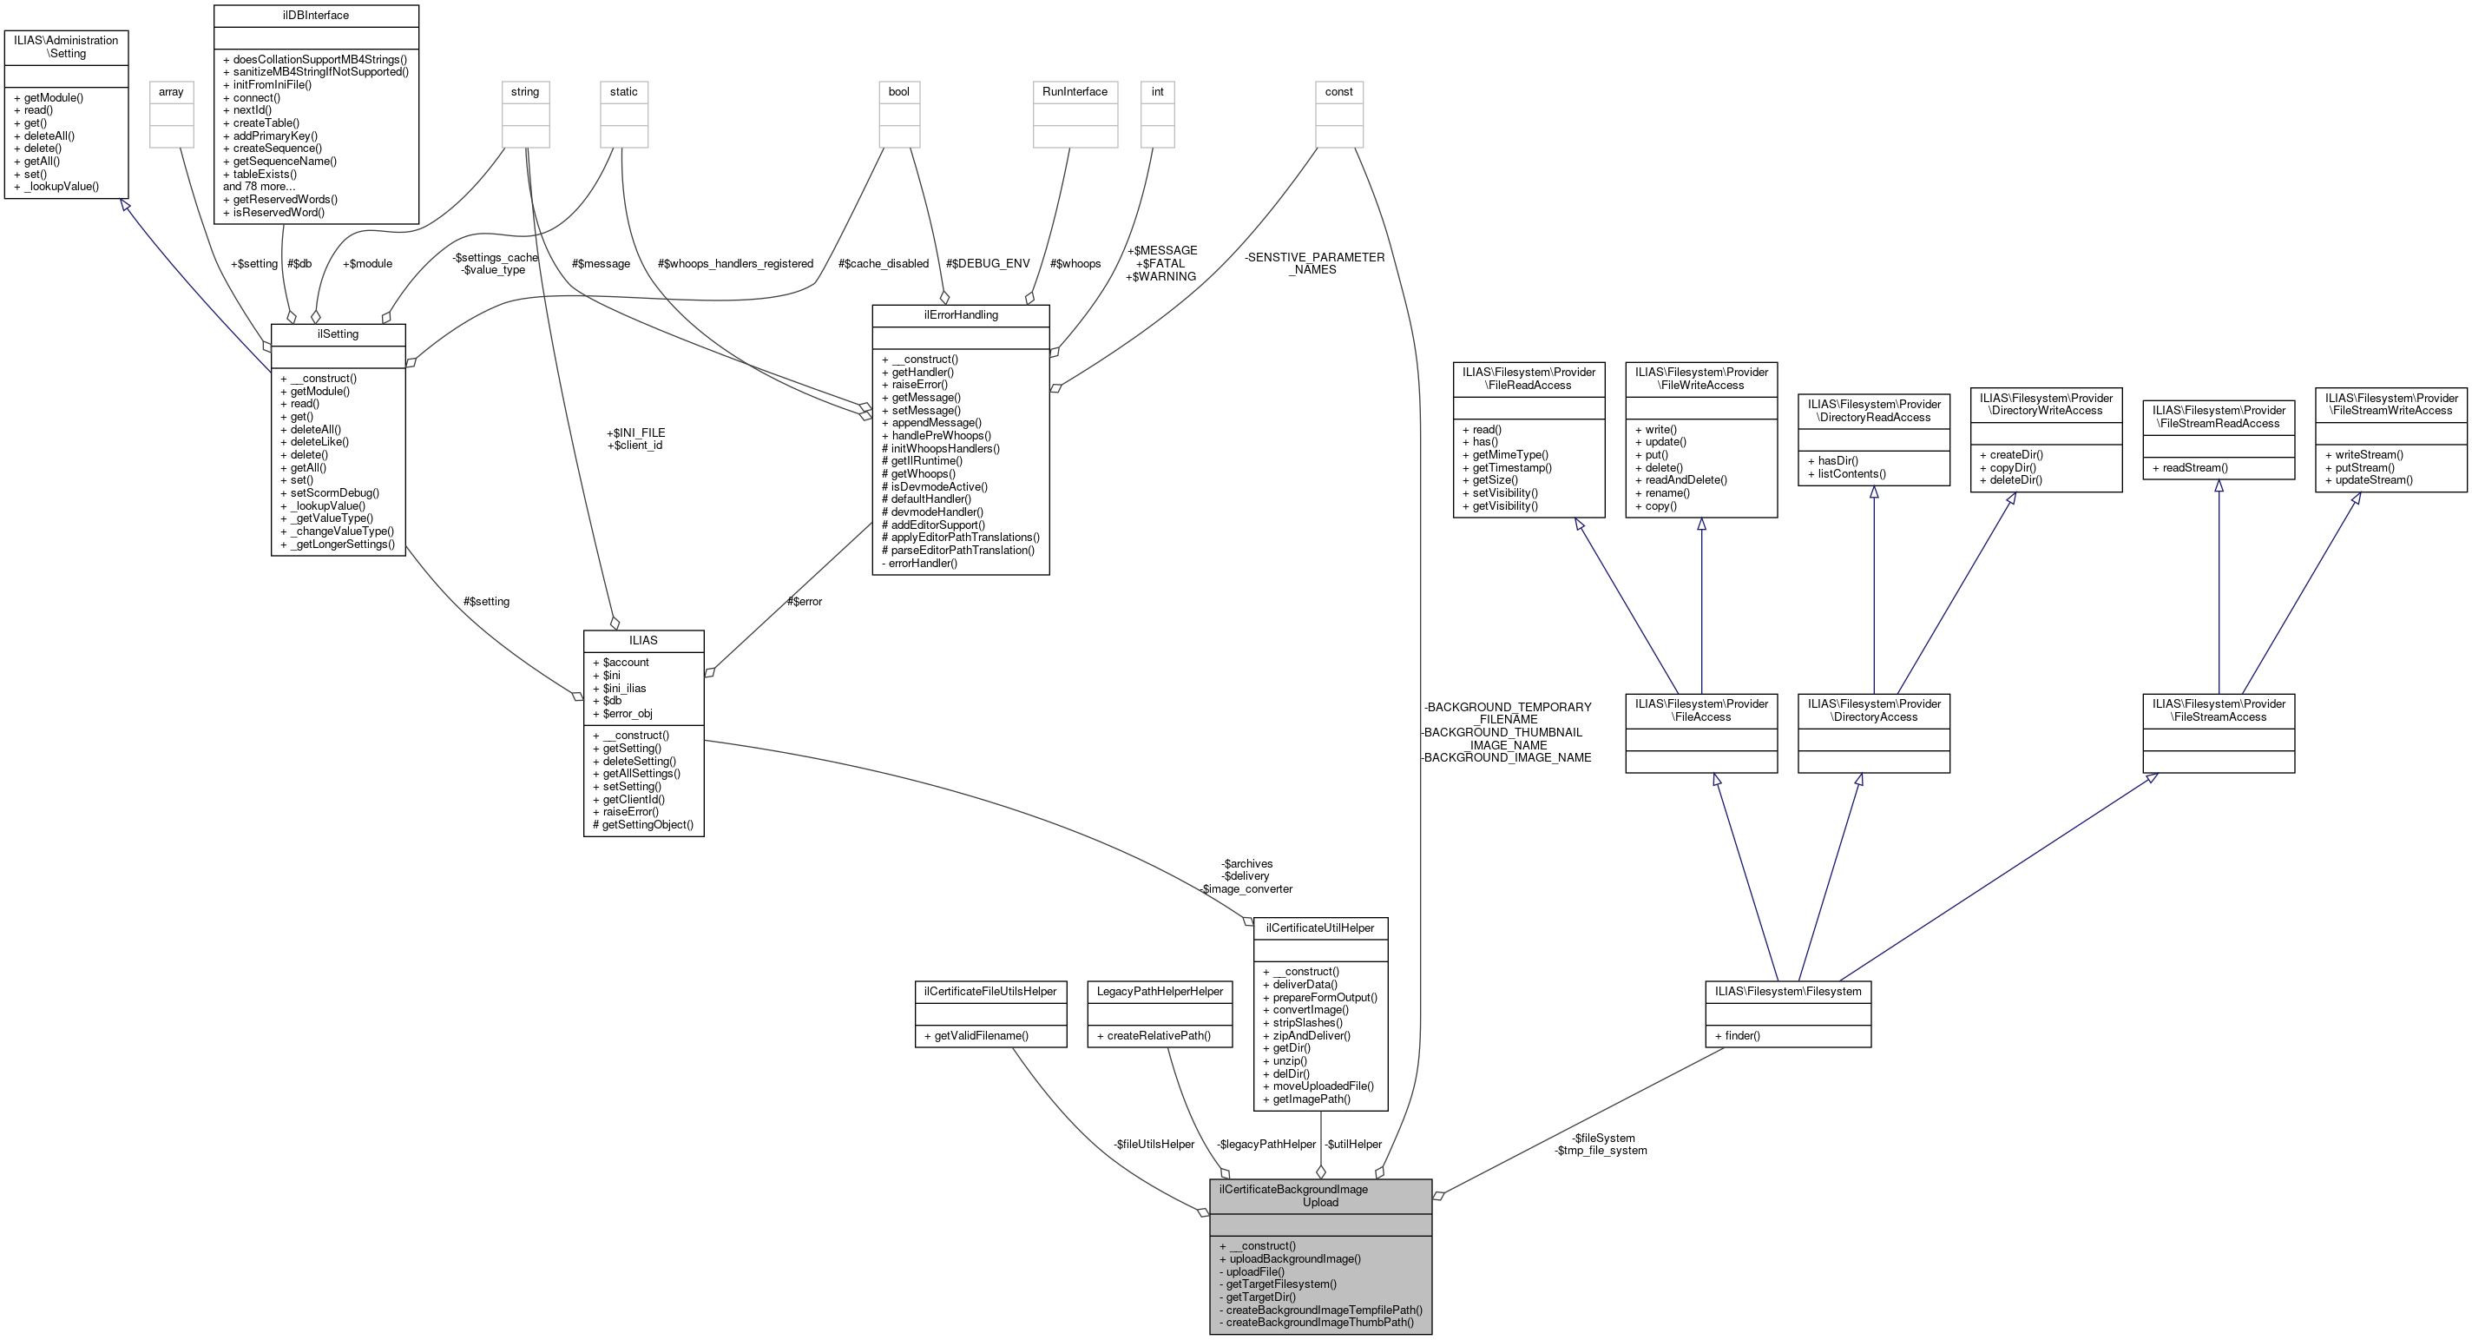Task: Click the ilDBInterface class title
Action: pyautogui.click(x=315, y=16)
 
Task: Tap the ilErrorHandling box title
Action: pyautogui.click(x=960, y=315)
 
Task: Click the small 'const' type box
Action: pyautogui.click(x=1338, y=92)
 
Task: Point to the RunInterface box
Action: pyautogui.click(x=1075, y=92)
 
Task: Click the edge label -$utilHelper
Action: pyautogui.click(x=1353, y=1145)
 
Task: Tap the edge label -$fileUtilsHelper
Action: pyautogui.click(x=1154, y=1145)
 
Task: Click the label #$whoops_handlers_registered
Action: pyautogui.click(x=735, y=263)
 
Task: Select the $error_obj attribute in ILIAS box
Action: pyautogui.click(x=627, y=713)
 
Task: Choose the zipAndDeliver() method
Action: pyautogui.click(x=1311, y=1035)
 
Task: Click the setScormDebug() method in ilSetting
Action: pyautogui.click(x=334, y=492)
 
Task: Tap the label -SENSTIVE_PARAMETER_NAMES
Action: pyautogui.click(x=1314, y=263)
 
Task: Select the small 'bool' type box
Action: pyautogui.click(x=898, y=92)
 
